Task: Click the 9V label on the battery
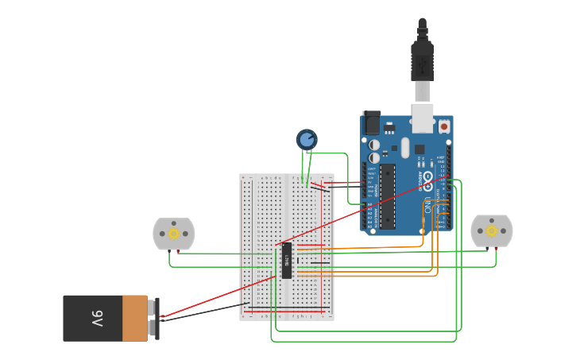96,318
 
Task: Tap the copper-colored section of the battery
135,318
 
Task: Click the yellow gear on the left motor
173,234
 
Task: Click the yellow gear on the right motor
492,230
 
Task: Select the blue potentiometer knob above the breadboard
307,140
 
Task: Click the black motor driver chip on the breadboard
286,261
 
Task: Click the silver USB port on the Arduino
423,118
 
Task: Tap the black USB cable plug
422,60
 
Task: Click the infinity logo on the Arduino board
427,178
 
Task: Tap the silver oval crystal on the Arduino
405,148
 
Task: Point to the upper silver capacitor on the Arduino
373,145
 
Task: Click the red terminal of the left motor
178,252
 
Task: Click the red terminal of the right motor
497,248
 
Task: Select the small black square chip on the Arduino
419,149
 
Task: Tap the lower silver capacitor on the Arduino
373,157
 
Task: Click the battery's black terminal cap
157,319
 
